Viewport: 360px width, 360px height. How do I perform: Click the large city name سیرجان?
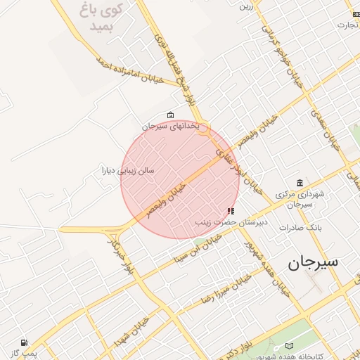pyautogui.click(x=313, y=262)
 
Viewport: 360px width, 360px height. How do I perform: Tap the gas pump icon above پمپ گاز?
pyautogui.click(x=25, y=342)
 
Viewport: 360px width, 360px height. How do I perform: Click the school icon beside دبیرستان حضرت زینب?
pyautogui.click(x=231, y=211)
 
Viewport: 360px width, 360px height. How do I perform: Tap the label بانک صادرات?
pyautogui.click(x=300, y=228)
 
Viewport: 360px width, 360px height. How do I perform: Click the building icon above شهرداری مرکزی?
pyautogui.click(x=300, y=184)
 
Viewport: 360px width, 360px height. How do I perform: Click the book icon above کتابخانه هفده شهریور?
pyautogui.click(x=290, y=346)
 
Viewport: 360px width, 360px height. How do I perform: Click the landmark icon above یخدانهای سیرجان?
pyautogui.click(x=170, y=115)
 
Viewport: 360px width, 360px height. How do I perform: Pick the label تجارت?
pyautogui.click(x=348, y=25)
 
